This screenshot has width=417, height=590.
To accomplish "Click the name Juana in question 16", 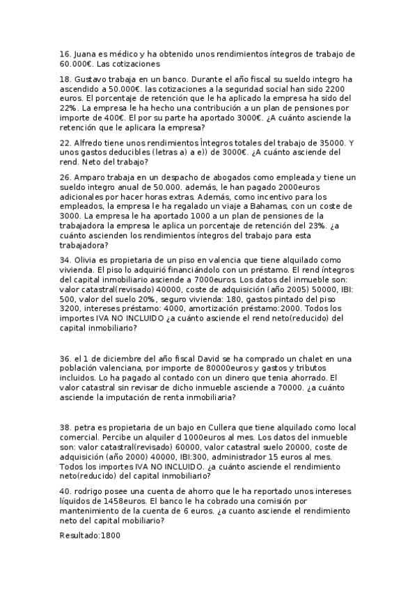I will (86, 54).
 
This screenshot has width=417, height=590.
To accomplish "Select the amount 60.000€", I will (77, 63).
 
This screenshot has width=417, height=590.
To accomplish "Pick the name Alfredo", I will (90, 143).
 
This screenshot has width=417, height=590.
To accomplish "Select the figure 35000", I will (331, 143).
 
